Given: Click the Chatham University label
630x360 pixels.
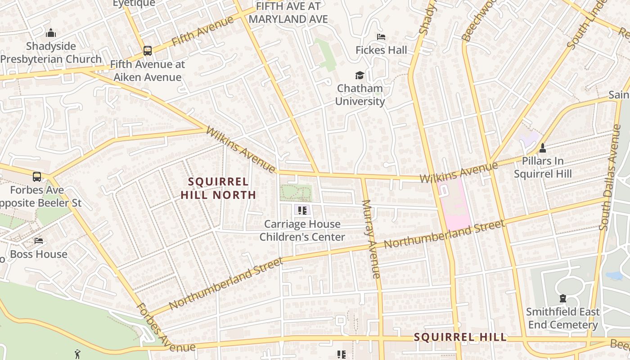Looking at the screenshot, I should (x=360, y=95).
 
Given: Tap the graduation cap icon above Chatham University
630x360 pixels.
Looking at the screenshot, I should (x=360, y=75).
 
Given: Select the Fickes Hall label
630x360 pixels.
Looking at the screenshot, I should (x=381, y=50).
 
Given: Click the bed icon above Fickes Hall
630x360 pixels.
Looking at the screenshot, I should (x=381, y=37).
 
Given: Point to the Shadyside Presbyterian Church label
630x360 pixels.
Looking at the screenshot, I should (x=51, y=53).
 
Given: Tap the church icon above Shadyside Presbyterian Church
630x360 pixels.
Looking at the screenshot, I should (x=51, y=33).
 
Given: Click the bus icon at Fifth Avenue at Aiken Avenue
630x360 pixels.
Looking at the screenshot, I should (x=148, y=51).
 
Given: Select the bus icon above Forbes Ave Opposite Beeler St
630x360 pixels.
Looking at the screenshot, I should (x=37, y=177).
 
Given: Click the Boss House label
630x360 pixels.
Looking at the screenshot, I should (x=39, y=254).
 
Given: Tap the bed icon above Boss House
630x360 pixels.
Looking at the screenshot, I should (x=39, y=241).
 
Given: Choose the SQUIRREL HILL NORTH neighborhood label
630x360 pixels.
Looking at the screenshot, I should (x=218, y=188).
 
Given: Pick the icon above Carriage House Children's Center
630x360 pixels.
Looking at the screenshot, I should (x=302, y=210).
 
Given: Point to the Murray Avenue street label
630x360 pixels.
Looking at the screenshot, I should (x=372, y=238).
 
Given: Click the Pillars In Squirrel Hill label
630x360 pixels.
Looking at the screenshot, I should (x=543, y=167).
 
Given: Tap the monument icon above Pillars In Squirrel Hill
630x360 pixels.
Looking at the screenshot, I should (x=543, y=148).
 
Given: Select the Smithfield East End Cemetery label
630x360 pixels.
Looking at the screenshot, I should (x=562, y=318).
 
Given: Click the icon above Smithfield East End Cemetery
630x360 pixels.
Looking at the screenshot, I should (x=562, y=298).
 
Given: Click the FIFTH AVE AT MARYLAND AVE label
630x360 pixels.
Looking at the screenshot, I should (x=288, y=13).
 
